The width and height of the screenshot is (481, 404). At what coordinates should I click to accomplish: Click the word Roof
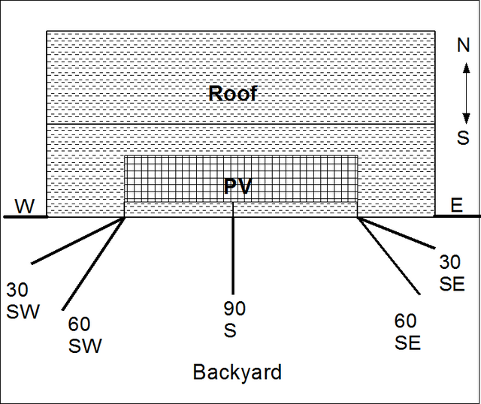[232, 93]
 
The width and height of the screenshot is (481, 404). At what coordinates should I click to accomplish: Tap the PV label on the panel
[237, 185]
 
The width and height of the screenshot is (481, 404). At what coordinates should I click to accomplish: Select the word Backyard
[237, 372]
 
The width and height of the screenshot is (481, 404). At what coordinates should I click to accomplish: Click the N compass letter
[463, 45]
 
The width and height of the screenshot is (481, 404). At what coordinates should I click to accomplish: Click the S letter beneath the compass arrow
[463, 137]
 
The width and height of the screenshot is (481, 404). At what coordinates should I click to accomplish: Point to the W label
[25, 207]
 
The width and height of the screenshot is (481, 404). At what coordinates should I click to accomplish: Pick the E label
[456, 205]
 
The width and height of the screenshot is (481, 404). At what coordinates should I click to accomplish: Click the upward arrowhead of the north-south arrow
[466, 68]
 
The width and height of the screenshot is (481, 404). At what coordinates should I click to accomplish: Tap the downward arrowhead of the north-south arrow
[466, 119]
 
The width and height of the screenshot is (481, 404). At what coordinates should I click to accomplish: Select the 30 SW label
[23, 300]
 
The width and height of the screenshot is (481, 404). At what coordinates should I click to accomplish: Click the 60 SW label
[85, 335]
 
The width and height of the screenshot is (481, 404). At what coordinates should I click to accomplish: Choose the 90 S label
[234, 319]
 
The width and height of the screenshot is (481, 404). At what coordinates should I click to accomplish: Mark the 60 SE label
[407, 331]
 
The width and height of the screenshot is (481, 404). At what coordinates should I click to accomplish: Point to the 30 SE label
[452, 273]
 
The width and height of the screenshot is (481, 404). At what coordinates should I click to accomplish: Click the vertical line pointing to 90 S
[233, 249]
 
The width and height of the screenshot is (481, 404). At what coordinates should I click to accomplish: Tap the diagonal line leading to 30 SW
[78, 240]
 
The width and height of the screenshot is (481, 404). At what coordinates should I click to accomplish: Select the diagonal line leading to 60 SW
[93, 264]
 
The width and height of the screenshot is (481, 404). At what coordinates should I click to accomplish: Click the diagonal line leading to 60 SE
[389, 255]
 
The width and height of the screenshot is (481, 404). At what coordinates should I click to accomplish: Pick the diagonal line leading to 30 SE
[396, 232]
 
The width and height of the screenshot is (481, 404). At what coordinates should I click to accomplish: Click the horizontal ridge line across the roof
[240, 124]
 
